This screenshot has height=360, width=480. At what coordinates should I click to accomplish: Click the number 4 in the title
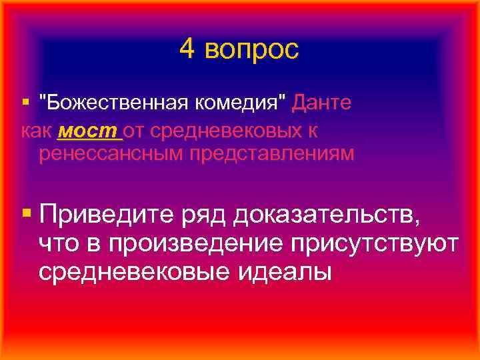pos(187,49)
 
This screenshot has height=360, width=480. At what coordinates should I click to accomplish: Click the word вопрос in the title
pos(251,51)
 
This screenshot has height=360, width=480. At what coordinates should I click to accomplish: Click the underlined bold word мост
pos(89,129)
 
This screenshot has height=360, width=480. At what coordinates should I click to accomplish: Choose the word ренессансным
pos(111,154)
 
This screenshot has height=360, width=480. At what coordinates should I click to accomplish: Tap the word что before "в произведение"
pos(60,244)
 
